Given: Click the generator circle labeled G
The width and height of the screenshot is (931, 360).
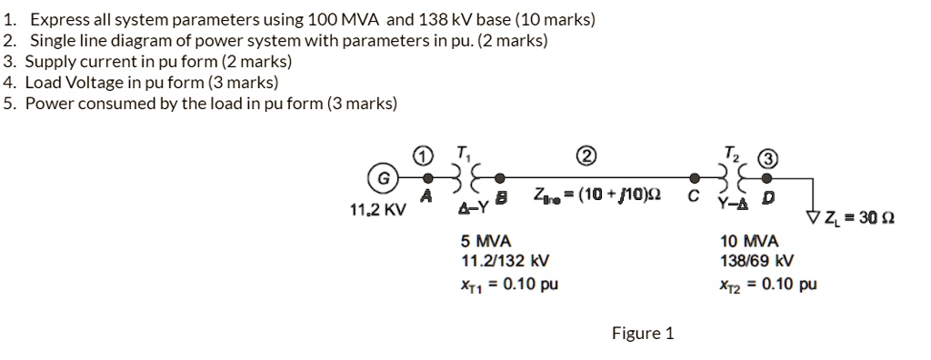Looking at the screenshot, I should click(x=384, y=179).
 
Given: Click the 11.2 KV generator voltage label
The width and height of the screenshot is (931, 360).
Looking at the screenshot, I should click(x=377, y=210).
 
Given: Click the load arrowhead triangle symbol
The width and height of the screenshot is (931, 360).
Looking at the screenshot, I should click(x=813, y=216).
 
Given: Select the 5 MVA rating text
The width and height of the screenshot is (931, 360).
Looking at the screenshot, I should click(x=486, y=242).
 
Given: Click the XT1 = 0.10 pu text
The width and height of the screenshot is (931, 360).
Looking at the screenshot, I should click(x=509, y=284).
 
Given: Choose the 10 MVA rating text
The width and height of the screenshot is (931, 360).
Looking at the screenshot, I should click(x=748, y=242).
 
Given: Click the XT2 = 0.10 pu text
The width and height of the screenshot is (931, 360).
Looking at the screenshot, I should click(x=767, y=284).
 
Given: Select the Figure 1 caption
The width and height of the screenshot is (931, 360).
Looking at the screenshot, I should click(x=643, y=333).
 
